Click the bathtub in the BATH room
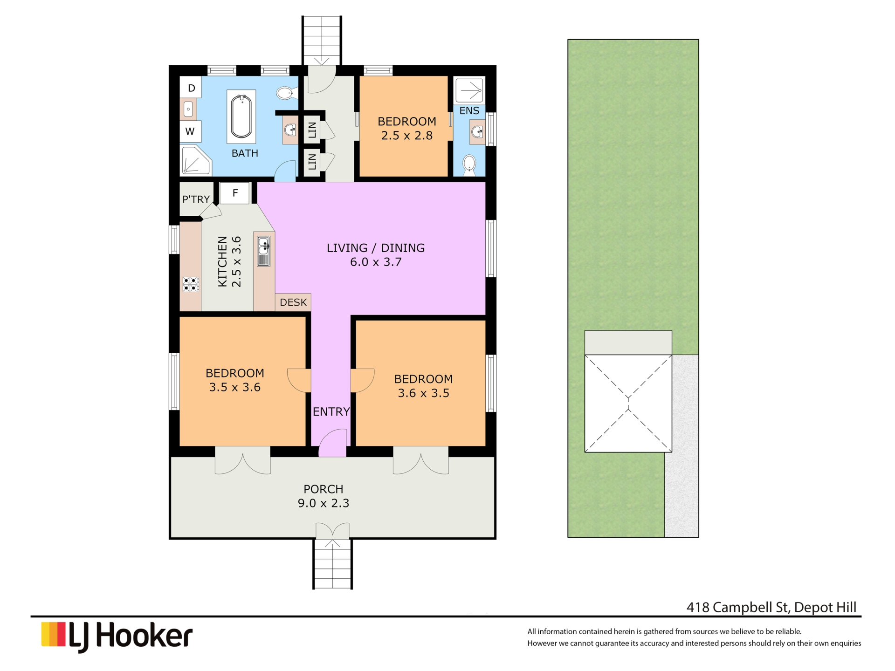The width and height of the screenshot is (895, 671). [x=241, y=116]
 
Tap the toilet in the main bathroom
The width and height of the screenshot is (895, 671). [x=285, y=94]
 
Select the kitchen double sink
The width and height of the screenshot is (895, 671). [x=264, y=251]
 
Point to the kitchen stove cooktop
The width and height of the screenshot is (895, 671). [x=191, y=284]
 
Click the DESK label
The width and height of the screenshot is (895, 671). [x=293, y=302]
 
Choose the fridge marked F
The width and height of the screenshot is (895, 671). [x=235, y=193]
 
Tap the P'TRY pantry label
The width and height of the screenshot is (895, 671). [x=196, y=199]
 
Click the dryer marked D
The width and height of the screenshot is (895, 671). [x=191, y=88]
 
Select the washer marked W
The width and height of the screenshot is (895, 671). [x=191, y=131]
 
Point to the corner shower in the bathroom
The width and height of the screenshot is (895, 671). [x=195, y=161]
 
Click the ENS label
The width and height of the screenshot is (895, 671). [x=469, y=111]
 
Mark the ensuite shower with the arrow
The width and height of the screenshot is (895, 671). [x=469, y=90]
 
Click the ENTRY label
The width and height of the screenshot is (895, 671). [x=331, y=412]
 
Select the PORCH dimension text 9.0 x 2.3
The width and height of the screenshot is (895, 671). [x=324, y=503]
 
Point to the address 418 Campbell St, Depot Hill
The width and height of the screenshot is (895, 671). [x=771, y=607]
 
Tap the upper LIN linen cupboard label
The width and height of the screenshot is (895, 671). [x=312, y=130]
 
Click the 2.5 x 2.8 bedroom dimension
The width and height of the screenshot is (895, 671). [x=407, y=136]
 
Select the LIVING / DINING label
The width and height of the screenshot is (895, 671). [x=376, y=248]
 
